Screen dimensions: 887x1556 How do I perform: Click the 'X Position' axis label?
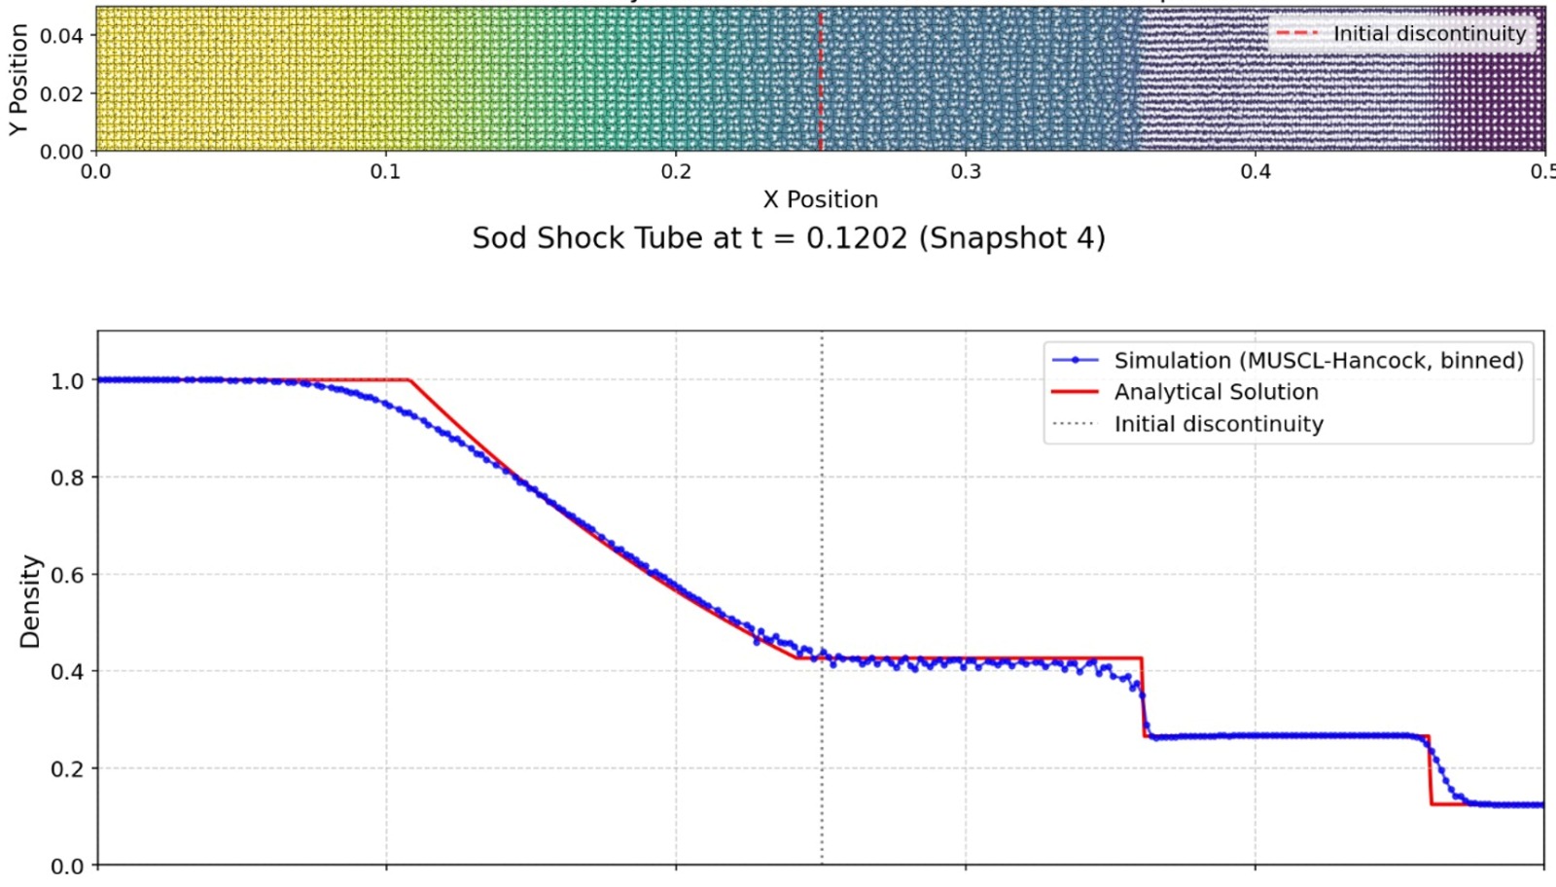820,199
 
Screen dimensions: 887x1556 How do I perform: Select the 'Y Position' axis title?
18,80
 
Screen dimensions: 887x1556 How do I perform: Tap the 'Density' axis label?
30,602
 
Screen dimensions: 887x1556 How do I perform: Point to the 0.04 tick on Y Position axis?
61,36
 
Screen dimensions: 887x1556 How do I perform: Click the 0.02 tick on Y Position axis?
61,93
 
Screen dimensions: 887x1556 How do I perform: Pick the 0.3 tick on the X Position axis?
966,172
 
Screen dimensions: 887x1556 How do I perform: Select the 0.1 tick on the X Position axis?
385,172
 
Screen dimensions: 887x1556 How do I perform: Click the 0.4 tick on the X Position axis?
1255,172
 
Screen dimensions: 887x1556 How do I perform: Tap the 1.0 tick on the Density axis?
67,381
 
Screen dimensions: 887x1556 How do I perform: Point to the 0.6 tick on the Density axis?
67,575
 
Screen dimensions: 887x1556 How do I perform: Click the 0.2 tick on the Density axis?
67,768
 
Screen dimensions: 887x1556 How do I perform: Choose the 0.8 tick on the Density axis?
67,478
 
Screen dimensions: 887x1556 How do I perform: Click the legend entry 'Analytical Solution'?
1216,392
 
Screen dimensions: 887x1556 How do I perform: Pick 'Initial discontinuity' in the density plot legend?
1218,424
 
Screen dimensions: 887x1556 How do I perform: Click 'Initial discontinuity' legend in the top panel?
1429,34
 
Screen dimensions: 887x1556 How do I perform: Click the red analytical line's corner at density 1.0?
408,380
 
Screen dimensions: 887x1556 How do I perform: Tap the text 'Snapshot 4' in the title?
1011,238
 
